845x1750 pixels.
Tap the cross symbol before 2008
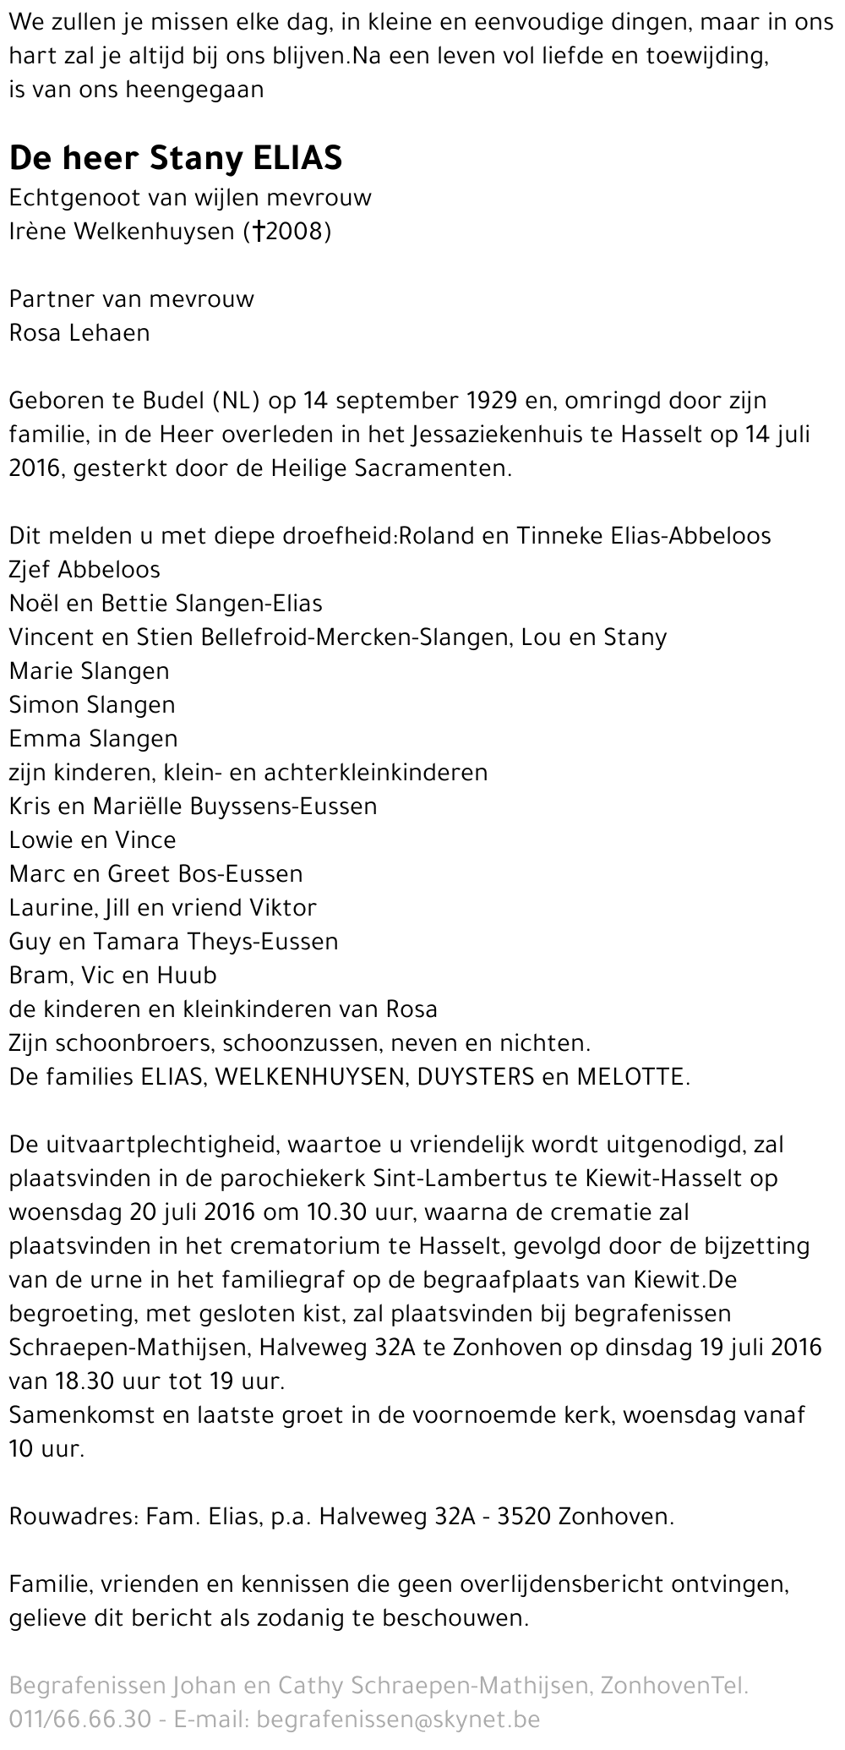271,231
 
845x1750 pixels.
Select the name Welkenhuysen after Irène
164,231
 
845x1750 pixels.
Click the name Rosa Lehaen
79,332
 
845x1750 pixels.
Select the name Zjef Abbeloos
84,569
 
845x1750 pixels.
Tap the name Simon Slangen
92,704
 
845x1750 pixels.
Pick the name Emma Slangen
93,738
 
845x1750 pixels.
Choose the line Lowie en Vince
92,839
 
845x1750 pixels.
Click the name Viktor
283,907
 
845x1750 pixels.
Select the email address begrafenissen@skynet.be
397,1719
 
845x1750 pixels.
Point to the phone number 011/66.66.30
80,1719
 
